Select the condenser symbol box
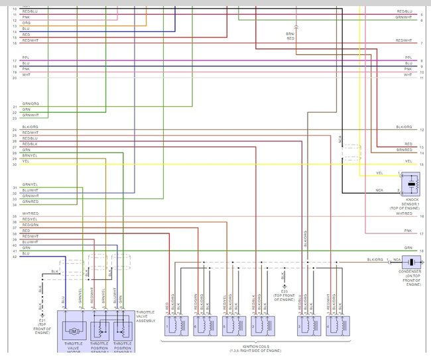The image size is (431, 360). [410, 263]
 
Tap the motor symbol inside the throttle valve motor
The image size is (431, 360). [75, 329]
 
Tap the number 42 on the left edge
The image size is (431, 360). [14, 257]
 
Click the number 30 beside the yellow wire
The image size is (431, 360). [14, 164]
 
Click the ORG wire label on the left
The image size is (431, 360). [25, 23]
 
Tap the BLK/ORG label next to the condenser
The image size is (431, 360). [375, 259]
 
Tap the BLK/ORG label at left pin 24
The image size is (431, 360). [30, 127]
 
